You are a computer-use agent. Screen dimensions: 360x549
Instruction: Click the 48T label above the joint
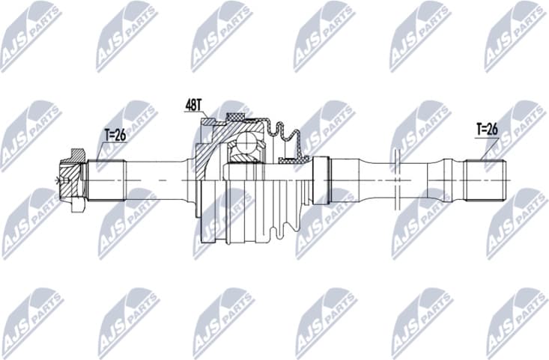coord(194,106)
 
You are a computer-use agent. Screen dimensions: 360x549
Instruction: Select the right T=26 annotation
coord(487,129)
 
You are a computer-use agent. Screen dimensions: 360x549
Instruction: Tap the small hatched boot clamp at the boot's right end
coord(291,159)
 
